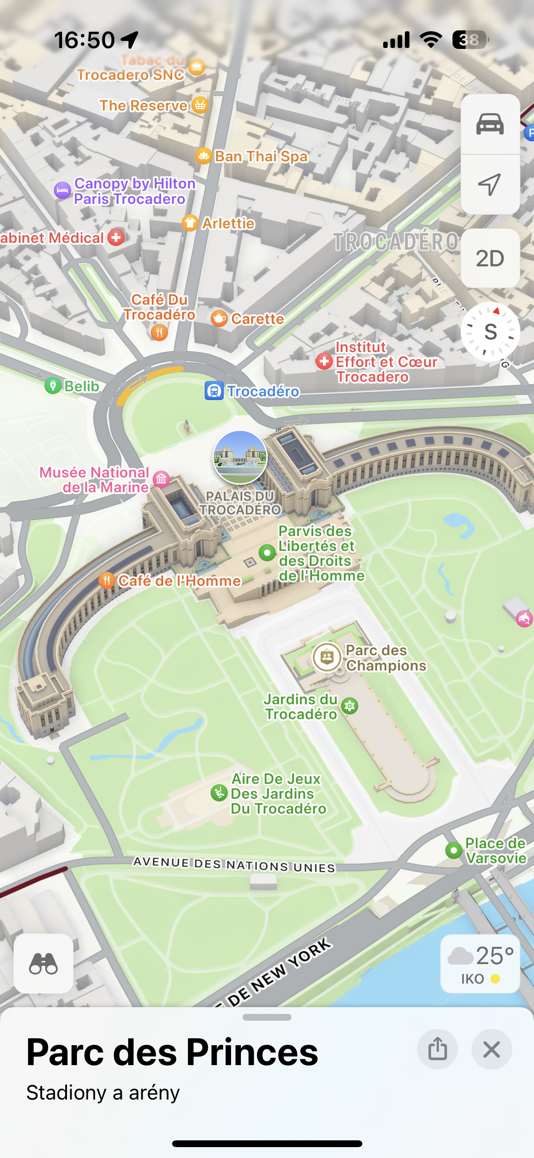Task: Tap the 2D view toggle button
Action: [x=490, y=258]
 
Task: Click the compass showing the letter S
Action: [x=490, y=332]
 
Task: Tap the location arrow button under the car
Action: [x=490, y=184]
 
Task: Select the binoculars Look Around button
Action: [x=43, y=963]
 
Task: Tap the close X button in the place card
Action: [x=491, y=1049]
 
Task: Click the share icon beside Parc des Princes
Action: [x=437, y=1049]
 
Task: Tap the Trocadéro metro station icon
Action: [x=214, y=391]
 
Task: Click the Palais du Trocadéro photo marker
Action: [x=240, y=457]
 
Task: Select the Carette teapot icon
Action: [x=219, y=318]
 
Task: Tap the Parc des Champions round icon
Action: [x=327, y=656]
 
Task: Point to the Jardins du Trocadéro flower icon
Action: [x=350, y=706]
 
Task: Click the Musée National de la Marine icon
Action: [x=161, y=479]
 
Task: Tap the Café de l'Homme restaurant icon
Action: [x=106, y=580]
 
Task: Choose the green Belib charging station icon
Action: [x=53, y=386]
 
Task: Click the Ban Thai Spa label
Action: [x=261, y=156]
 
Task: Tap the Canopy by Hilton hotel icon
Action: [x=63, y=190]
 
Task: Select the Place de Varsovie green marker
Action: [x=453, y=850]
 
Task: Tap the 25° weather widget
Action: [x=480, y=963]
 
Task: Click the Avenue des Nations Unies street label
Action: [x=234, y=864]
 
